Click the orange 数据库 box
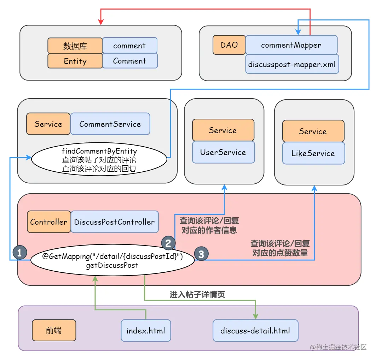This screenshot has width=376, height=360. [x=75, y=46]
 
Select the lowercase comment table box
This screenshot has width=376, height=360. [x=129, y=46]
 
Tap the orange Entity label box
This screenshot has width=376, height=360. [x=75, y=61]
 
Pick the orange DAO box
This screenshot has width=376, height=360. [x=229, y=45]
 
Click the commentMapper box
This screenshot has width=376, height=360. [x=291, y=45]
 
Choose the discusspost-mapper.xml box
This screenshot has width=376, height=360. [x=292, y=64]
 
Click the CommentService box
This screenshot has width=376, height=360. [x=110, y=124]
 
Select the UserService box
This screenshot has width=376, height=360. [x=223, y=152]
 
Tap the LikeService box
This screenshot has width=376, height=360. [x=313, y=153]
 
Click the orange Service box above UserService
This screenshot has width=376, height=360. [x=223, y=130]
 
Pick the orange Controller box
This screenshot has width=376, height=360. [x=49, y=222]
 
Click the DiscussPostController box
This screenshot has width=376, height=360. [x=114, y=222]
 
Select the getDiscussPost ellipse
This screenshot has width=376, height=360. [x=112, y=261]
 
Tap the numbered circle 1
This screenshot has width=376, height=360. [x=19, y=252]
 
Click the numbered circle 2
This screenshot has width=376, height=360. [x=168, y=243]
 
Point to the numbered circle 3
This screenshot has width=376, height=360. [x=201, y=254]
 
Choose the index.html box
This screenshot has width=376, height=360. [x=146, y=331]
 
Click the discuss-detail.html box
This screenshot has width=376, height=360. [x=255, y=331]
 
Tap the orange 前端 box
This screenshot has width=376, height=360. [x=54, y=331]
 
